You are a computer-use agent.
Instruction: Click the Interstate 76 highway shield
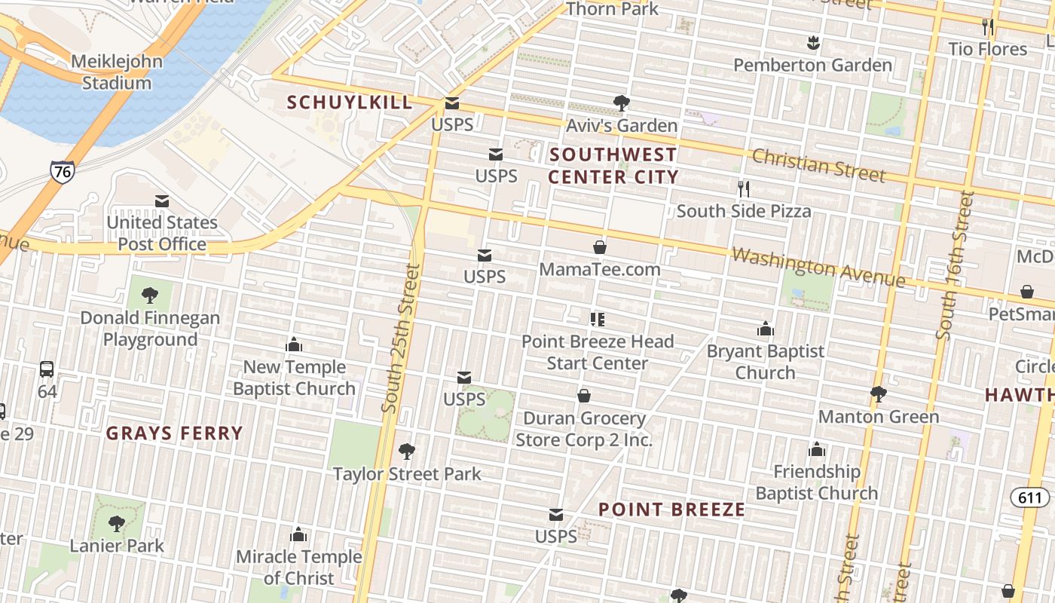point(62,171)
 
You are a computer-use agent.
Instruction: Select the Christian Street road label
point(818,164)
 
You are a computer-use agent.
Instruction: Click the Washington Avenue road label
point(818,268)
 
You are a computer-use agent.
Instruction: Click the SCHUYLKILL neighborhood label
point(350,103)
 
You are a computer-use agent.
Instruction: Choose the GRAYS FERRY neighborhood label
point(174,433)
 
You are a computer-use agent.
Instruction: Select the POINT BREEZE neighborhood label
point(671,510)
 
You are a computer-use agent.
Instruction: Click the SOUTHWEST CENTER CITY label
point(613,166)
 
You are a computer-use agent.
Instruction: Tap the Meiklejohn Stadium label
point(116,72)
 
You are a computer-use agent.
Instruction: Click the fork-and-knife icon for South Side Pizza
point(744,188)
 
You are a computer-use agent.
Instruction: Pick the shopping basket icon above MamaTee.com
point(600,247)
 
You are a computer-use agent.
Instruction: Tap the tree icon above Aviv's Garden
point(622,103)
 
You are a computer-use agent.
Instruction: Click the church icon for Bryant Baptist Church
point(766,329)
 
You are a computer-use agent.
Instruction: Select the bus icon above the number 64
point(47,369)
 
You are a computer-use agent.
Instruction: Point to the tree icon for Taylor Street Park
point(407,451)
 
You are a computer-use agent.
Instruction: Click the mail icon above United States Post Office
point(162,201)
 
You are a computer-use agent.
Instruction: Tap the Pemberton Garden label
point(812,66)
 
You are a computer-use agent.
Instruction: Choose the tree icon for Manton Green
point(878,393)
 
